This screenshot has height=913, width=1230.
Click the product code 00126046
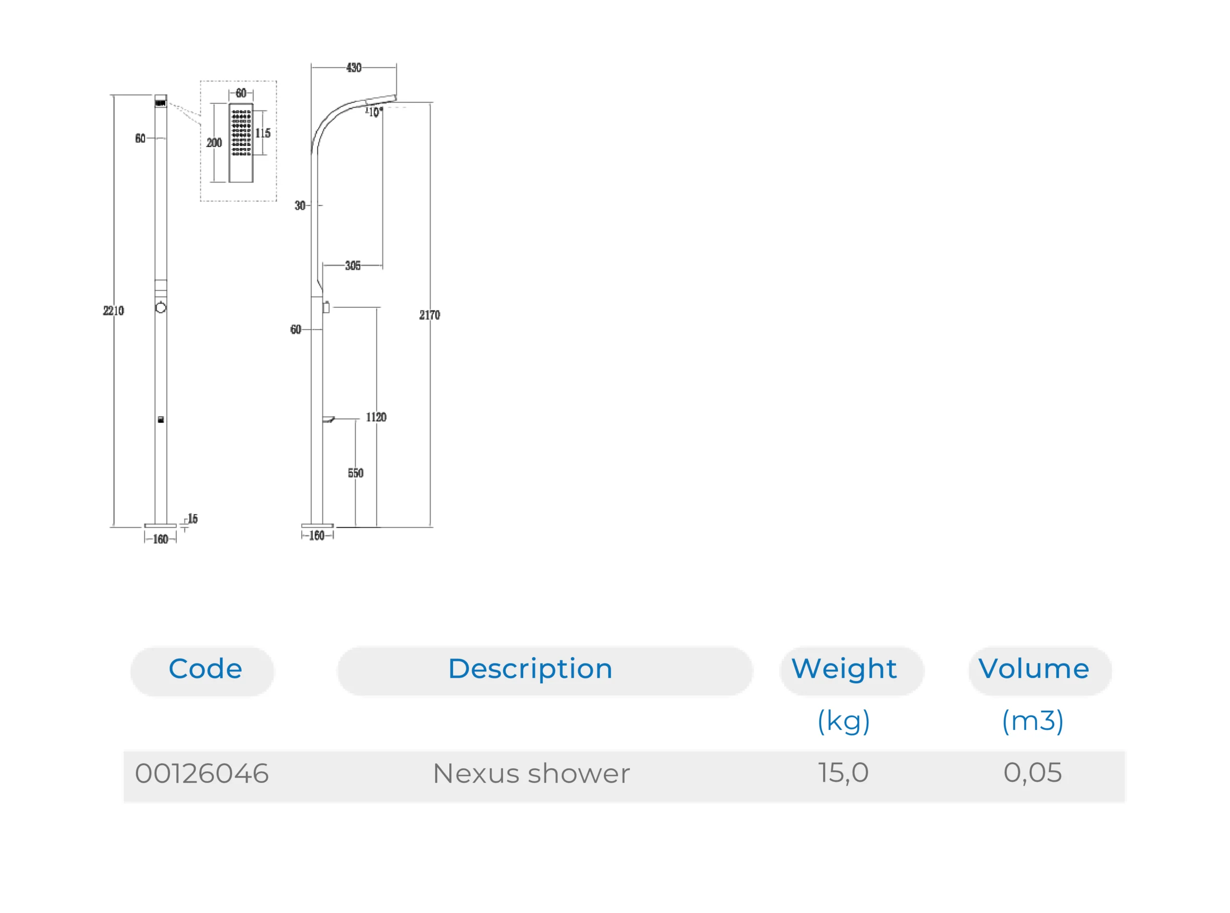click(x=202, y=773)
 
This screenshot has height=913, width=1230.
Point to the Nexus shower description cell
click(x=531, y=773)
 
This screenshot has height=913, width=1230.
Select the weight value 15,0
click(x=843, y=773)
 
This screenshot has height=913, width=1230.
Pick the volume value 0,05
click(x=1033, y=773)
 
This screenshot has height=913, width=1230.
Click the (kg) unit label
click(x=844, y=721)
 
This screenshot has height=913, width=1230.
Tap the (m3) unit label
click(x=1033, y=721)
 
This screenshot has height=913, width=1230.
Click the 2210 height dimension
click(x=113, y=311)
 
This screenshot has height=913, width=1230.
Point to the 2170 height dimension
click(x=430, y=315)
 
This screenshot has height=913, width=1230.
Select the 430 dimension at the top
click(x=354, y=67)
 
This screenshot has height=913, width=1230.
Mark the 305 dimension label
click(x=353, y=266)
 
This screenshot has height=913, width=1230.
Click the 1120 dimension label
click(x=376, y=417)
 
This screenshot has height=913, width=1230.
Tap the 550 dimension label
click(x=356, y=473)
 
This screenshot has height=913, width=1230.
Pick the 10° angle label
click(x=375, y=112)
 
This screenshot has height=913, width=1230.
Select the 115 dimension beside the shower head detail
click(x=263, y=133)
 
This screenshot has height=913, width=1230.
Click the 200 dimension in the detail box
click(x=214, y=143)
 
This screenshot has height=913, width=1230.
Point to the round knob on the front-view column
click(x=161, y=308)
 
